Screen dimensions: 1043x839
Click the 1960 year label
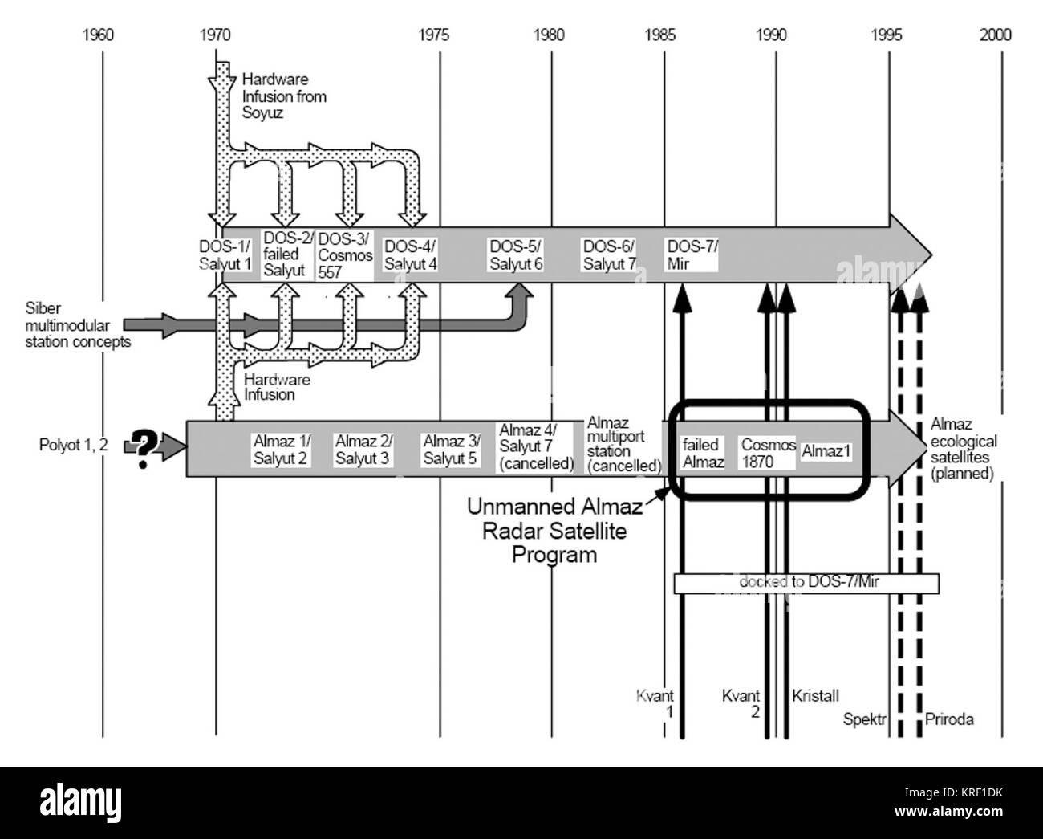(98, 35)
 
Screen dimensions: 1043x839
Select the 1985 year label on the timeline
(659, 35)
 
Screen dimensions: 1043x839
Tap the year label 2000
(996, 35)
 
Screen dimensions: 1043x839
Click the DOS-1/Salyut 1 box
(225, 255)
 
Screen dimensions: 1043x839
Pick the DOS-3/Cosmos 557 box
(345, 255)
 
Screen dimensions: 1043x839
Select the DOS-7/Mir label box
(692, 255)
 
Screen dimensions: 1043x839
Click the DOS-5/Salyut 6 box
(516, 255)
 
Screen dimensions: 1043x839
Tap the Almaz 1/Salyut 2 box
(281, 450)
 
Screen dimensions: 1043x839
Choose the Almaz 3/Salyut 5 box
(451, 450)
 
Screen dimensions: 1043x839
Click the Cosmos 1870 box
(767, 453)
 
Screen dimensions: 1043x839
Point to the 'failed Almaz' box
(704, 453)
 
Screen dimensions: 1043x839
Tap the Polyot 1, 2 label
(73, 445)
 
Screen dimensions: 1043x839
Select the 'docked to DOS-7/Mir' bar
(806, 584)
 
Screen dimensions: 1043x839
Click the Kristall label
(815, 696)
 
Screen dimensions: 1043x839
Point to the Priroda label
(949, 719)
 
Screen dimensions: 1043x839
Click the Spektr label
(864, 719)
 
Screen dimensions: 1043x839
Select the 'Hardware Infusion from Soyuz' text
(284, 96)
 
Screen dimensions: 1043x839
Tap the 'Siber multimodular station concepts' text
(78, 325)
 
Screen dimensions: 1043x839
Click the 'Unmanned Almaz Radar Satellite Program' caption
(554, 531)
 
